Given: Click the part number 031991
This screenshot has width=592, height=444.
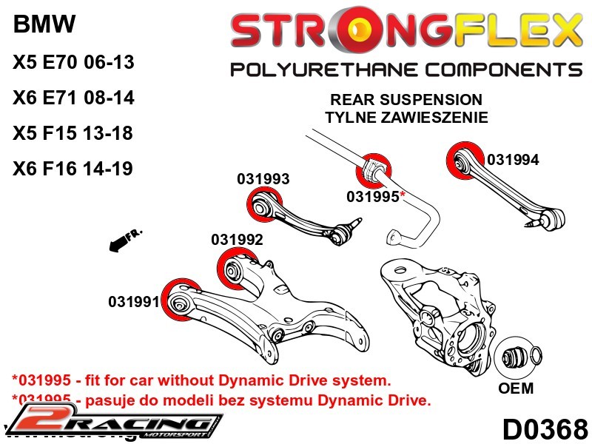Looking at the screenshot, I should [x=134, y=302].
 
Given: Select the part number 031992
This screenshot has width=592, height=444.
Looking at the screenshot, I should [x=237, y=240].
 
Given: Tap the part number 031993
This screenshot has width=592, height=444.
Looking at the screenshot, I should [x=263, y=179].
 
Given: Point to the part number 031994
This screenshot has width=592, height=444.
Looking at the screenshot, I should [x=513, y=160].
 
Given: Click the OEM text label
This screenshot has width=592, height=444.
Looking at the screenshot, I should [x=516, y=388].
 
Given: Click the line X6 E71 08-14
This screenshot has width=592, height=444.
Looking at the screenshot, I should [x=73, y=98].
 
